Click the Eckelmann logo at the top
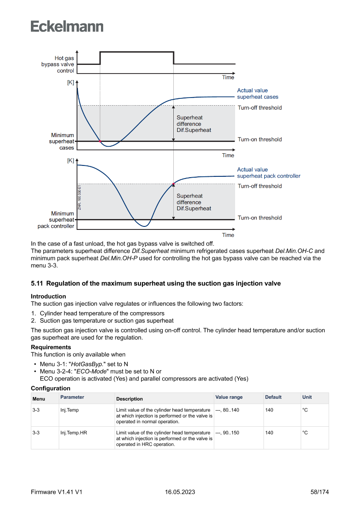point(67,27)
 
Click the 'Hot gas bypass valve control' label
point(58,64)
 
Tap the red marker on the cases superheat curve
point(100,141)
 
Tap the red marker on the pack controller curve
point(173,184)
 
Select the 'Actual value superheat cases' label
point(257,94)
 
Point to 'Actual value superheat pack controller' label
point(268,173)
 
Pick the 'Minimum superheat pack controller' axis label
point(57,220)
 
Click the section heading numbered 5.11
point(156,283)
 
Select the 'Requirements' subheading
point(51,347)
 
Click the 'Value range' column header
point(229,397)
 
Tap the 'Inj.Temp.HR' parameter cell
point(74,433)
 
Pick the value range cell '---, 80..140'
point(227,410)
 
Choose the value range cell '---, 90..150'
point(227,433)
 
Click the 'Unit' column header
point(307,397)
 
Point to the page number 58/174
point(320,492)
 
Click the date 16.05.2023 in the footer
point(180,492)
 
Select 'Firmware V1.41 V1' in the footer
point(57,492)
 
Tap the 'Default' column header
point(273,397)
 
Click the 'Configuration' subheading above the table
point(50,388)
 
